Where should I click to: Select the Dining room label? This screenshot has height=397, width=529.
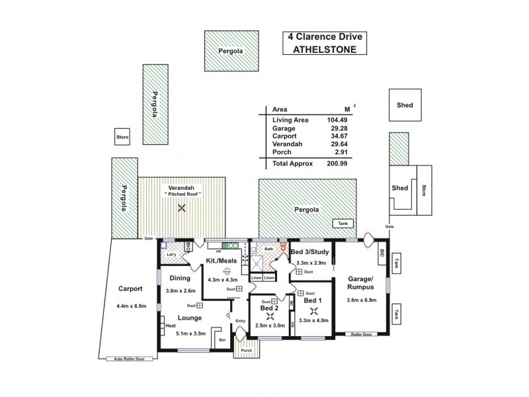(181, 278)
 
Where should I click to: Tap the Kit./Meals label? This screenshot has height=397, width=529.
(222, 261)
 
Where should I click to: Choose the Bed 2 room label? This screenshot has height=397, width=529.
(268, 309)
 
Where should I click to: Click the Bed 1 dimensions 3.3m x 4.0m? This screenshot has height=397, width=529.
(313, 321)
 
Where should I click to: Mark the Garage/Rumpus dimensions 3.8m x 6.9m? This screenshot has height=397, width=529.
(361, 300)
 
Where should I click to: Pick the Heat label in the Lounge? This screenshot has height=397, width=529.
(171, 326)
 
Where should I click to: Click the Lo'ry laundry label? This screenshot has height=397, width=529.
(171, 254)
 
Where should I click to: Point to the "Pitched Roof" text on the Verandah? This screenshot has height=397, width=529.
(182, 193)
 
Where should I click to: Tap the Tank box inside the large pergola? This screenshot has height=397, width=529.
(341, 223)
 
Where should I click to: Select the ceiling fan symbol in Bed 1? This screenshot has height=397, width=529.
(312, 310)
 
